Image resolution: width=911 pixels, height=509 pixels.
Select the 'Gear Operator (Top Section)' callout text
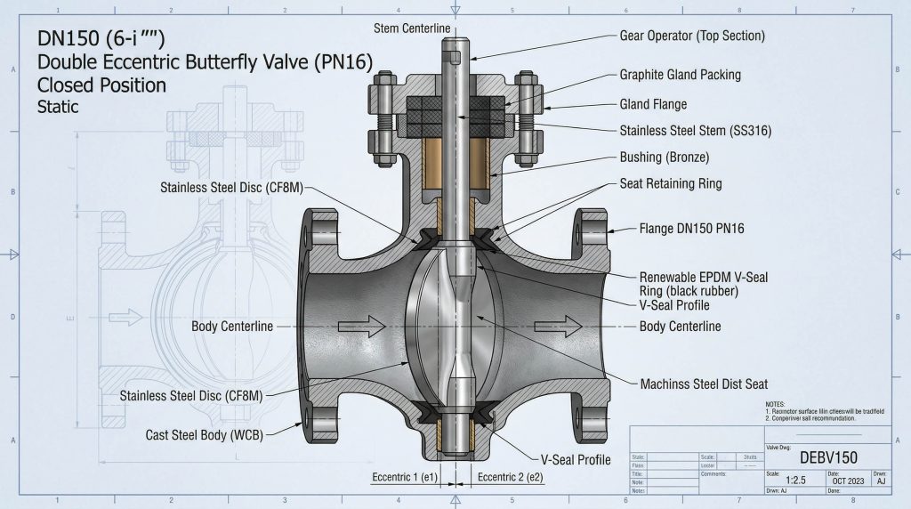coord(691,36)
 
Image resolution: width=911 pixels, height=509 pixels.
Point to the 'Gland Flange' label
coord(653,104)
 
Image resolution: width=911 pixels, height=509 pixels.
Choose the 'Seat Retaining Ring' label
coord(670,184)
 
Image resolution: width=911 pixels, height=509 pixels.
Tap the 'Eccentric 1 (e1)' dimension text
coord(405,477)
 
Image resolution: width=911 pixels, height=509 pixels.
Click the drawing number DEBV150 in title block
coord(828,457)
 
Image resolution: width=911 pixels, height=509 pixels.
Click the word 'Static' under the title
coord(58,108)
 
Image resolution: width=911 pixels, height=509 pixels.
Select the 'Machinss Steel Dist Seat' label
coord(704,384)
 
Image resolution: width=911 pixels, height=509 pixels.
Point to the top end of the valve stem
coord(455,25)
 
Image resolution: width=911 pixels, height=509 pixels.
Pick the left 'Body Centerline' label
coord(232,327)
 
